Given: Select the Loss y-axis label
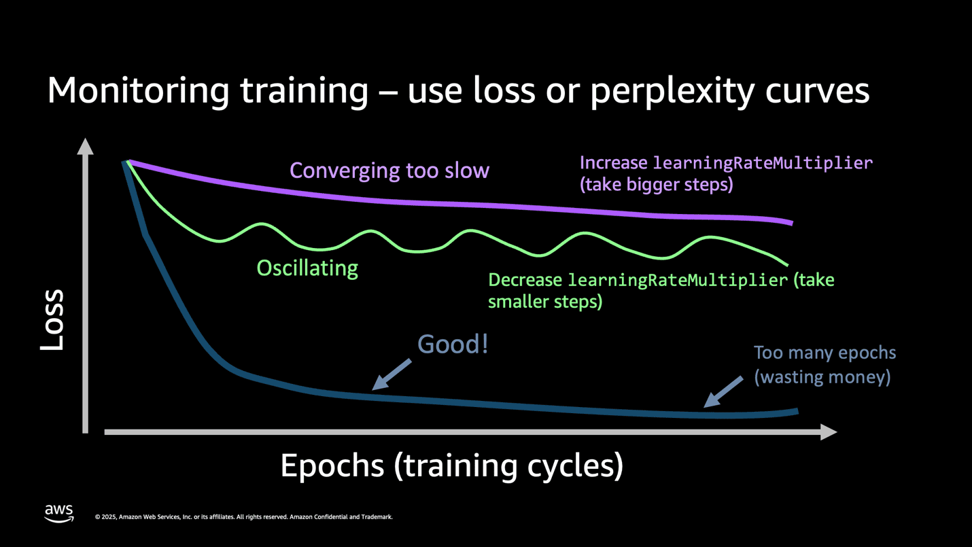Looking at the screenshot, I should pyautogui.click(x=52, y=320).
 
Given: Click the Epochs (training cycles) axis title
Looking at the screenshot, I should pyautogui.click(x=451, y=465).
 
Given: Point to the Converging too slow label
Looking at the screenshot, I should pyautogui.click(x=389, y=170).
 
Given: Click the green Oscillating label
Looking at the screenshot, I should pyautogui.click(x=307, y=268).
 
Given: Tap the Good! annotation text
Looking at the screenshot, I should pyautogui.click(x=453, y=345).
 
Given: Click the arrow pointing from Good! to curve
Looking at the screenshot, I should pyautogui.click(x=392, y=374).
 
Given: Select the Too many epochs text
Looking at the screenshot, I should pyautogui.click(x=825, y=353).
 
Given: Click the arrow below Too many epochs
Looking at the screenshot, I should pyautogui.click(x=723, y=392).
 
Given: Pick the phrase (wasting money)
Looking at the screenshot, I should pyautogui.click(x=822, y=376).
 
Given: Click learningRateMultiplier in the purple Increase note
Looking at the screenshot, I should pyautogui.click(x=763, y=163).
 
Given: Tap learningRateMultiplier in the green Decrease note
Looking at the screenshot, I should pyautogui.click(x=678, y=280).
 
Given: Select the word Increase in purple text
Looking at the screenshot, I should pyautogui.click(x=614, y=163).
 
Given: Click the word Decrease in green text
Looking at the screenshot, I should pyautogui.click(x=525, y=280).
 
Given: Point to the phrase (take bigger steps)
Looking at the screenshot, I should pyautogui.click(x=656, y=185).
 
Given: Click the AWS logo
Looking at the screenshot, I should pyautogui.click(x=59, y=514).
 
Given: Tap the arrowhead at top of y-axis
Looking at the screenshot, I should pyautogui.click(x=85, y=145).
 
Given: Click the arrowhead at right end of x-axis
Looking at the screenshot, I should pyautogui.click(x=829, y=431).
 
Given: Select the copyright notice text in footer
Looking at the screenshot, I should pyautogui.click(x=243, y=517).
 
